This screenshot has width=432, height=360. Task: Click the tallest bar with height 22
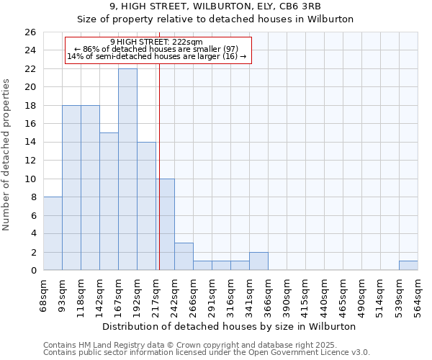pos(127,169)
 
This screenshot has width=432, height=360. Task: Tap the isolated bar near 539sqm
pos(408,266)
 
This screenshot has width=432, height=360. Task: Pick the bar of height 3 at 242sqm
pos(184,256)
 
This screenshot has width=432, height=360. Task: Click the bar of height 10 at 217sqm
pos(165,224)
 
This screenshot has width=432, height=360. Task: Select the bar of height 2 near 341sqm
pos(258,261)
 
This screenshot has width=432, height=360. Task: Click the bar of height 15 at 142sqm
pos(109,201)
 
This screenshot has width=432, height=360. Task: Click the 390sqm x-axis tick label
pos(287,295)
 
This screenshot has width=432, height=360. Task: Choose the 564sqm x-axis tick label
pos(418,295)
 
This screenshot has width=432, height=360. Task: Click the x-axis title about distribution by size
pos(230,326)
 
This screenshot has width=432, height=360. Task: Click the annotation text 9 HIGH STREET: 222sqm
pos(157,42)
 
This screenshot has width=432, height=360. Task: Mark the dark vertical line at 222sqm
pos(159,180)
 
